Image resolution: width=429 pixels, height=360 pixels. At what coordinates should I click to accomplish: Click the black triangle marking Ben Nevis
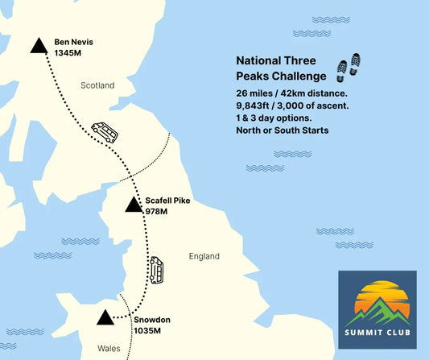[x=38, y=46]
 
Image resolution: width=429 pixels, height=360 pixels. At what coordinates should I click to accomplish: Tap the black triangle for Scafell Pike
[x=134, y=205]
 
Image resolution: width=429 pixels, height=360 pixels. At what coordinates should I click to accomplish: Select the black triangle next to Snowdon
[x=104, y=318]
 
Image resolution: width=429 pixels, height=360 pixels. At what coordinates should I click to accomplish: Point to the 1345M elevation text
[x=68, y=52]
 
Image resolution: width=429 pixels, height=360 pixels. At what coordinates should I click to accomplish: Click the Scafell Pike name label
[x=167, y=200]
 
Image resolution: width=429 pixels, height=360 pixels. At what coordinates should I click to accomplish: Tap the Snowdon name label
[x=152, y=319]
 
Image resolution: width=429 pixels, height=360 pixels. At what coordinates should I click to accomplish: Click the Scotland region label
[x=97, y=85]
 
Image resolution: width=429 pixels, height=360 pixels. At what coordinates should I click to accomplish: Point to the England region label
[x=204, y=256]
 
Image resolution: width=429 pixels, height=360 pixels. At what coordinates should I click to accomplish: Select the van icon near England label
[x=156, y=270]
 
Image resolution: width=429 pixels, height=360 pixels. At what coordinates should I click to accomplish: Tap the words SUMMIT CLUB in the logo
[x=377, y=333]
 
